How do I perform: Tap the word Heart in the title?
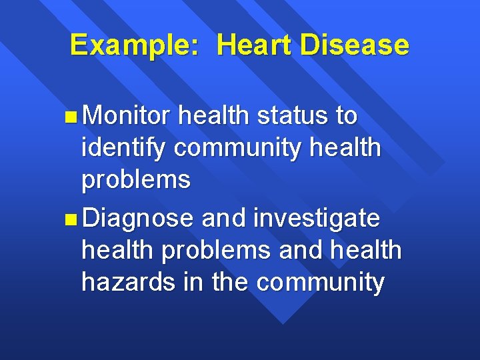253,45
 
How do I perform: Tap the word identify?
124,148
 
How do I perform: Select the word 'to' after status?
346,116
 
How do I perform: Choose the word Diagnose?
139,217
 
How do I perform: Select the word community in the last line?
320,283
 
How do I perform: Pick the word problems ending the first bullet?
136,180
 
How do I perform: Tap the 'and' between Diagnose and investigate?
223,217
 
